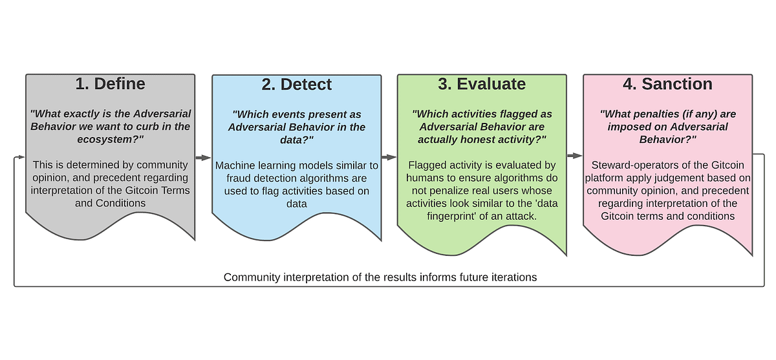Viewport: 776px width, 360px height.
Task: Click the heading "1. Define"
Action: (110, 84)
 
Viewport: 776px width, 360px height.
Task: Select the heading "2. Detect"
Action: (296, 84)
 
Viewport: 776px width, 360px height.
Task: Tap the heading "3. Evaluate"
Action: (482, 84)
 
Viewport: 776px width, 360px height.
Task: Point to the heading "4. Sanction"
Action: (667, 84)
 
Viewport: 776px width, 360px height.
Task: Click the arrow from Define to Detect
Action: (203, 157)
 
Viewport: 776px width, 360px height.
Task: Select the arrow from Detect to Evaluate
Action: (389, 157)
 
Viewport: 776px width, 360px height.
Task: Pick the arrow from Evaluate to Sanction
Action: (574, 155)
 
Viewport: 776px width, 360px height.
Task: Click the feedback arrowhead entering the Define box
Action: (21, 157)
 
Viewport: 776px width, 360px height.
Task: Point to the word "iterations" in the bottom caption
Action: (513, 277)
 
